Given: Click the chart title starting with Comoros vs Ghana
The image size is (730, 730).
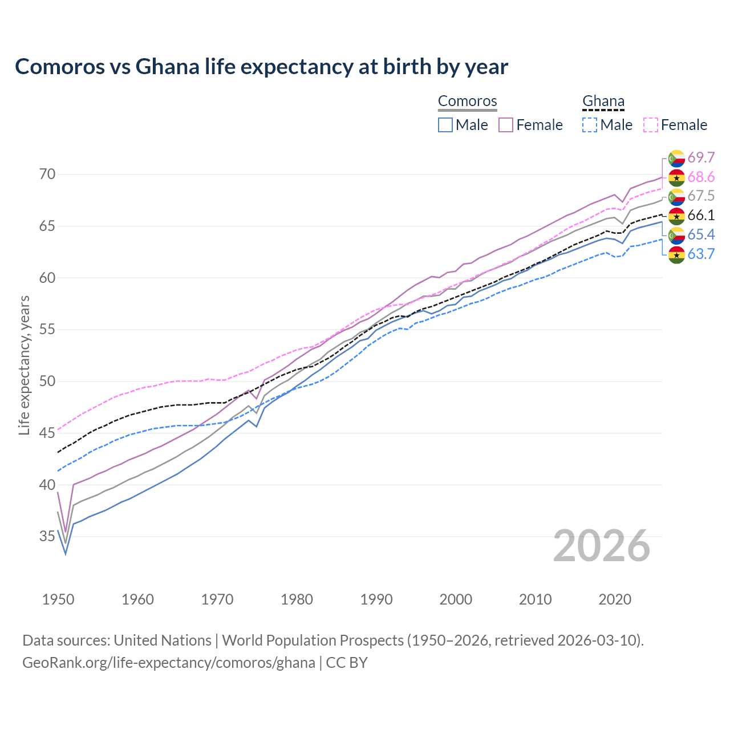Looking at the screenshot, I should [261, 67].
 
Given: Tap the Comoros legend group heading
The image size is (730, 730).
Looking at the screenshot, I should [467, 101].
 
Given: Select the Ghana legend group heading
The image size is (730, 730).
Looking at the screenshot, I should [603, 101].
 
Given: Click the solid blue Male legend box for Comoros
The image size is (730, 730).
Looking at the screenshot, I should [445, 125].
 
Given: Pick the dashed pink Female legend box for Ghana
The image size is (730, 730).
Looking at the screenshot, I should [651, 125].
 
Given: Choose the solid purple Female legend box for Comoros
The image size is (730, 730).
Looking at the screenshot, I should [506, 125].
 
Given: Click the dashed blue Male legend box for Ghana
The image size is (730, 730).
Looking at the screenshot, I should [590, 125].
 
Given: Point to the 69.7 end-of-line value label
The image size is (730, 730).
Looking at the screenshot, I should [701, 158].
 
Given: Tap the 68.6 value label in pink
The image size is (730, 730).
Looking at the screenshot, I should [701, 177].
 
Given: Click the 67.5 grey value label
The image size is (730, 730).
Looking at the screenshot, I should [701, 196].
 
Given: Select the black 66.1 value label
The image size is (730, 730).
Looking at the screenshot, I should [701, 216].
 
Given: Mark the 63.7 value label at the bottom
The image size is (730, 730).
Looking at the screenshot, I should [701, 254].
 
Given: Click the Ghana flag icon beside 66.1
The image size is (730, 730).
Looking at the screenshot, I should [676, 216].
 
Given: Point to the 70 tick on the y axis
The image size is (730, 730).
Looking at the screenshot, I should [47, 174].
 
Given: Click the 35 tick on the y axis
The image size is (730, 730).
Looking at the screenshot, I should [47, 536].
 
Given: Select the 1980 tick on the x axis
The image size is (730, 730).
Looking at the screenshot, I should [297, 599].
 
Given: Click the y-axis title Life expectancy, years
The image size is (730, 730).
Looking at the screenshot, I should [25, 365].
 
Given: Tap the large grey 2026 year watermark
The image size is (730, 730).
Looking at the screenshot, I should [601, 546].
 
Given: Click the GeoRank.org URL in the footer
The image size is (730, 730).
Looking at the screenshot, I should [169, 663].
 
